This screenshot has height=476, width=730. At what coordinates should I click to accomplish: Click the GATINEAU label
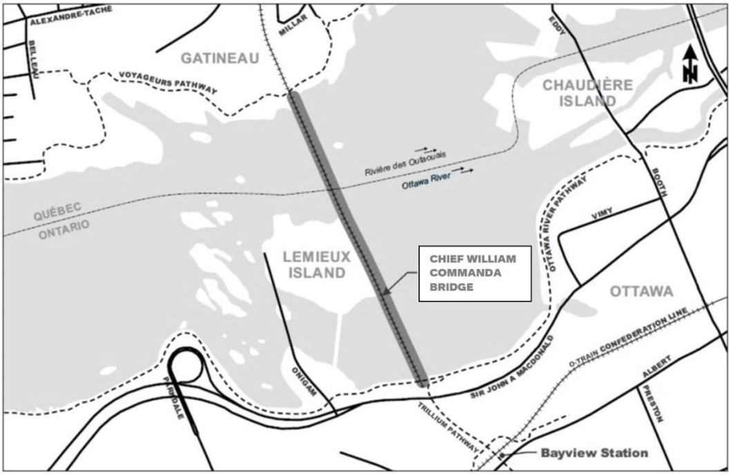220,59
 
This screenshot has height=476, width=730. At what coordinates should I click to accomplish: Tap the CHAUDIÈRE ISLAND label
578,93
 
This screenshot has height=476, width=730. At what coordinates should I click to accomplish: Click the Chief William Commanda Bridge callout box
474,273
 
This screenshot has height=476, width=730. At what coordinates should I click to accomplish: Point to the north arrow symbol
690,66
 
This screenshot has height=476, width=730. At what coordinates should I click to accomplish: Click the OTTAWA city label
642,291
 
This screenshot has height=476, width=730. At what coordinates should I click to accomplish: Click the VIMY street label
602,215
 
